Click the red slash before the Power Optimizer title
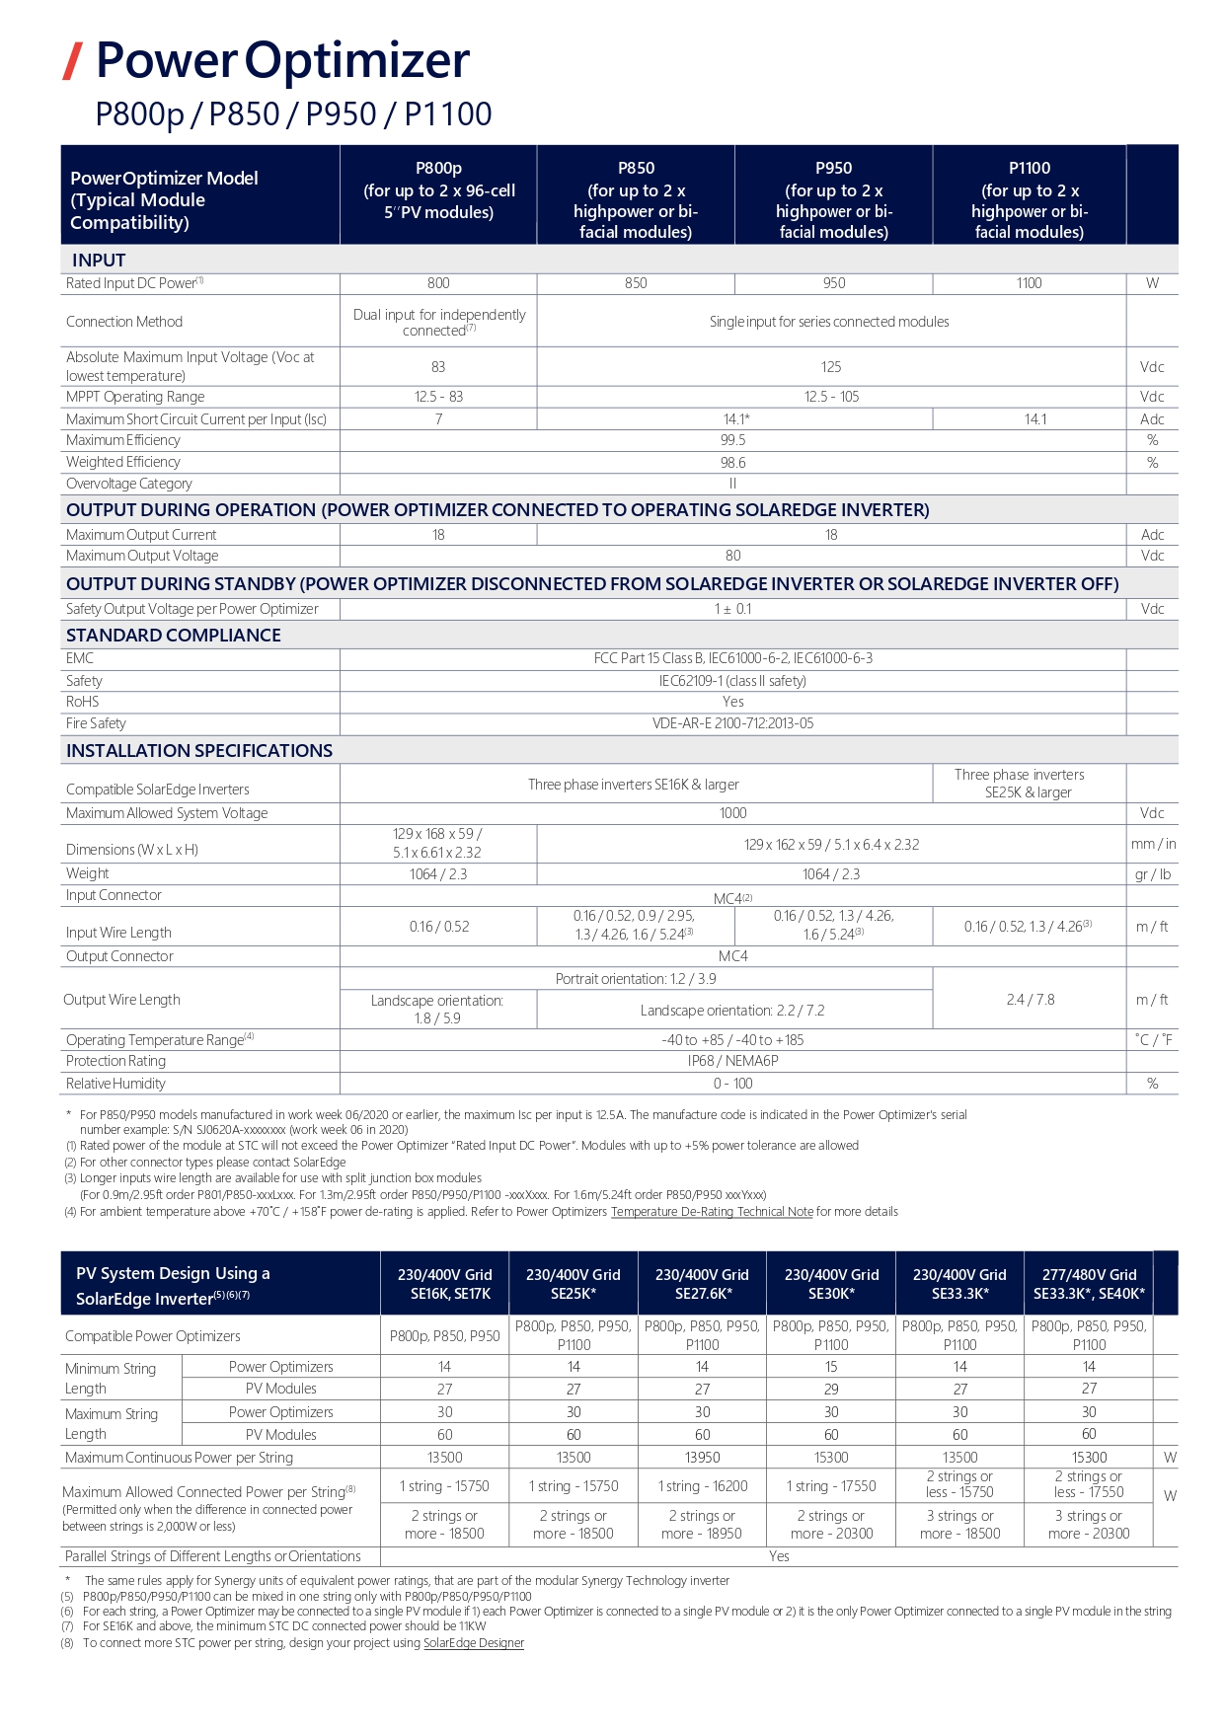click(x=72, y=61)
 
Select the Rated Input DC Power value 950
click(x=834, y=283)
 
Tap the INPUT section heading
click(x=99, y=261)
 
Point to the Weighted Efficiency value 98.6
click(x=732, y=462)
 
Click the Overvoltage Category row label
click(x=129, y=484)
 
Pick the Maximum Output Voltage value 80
click(x=732, y=556)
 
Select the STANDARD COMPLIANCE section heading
click(x=174, y=636)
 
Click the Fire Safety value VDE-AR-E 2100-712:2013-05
click(x=732, y=723)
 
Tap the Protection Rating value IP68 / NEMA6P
click(x=732, y=1061)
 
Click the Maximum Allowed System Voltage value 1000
click(x=732, y=813)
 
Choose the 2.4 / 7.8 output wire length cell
click(x=1030, y=1000)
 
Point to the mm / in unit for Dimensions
click(x=1153, y=844)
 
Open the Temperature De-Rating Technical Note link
click(x=712, y=1212)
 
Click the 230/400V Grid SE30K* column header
click(x=831, y=1284)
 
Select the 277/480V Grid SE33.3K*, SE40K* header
click(x=1089, y=1284)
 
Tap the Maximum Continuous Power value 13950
click(x=702, y=1458)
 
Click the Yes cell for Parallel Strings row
click(x=779, y=1556)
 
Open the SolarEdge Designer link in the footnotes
click(x=474, y=1643)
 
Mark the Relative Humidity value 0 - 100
click(x=732, y=1084)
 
